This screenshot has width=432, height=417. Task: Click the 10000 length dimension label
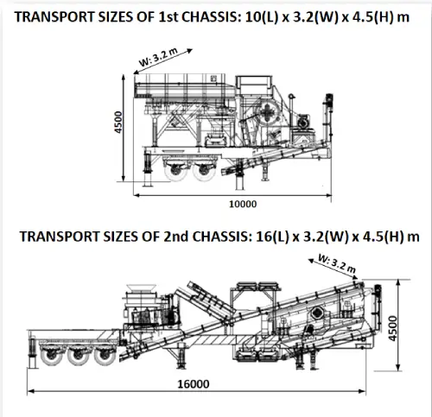pos(243,204)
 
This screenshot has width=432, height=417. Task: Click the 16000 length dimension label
pos(194,384)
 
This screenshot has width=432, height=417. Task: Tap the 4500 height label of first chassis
pos(118,122)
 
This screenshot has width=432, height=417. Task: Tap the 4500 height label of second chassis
pos(392,328)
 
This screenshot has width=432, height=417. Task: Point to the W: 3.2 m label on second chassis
pos(337,263)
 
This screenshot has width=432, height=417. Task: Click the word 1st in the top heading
pos(169,17)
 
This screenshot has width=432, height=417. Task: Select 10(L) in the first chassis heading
pos(262,17)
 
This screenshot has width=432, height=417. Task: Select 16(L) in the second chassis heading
pos(272,237)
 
